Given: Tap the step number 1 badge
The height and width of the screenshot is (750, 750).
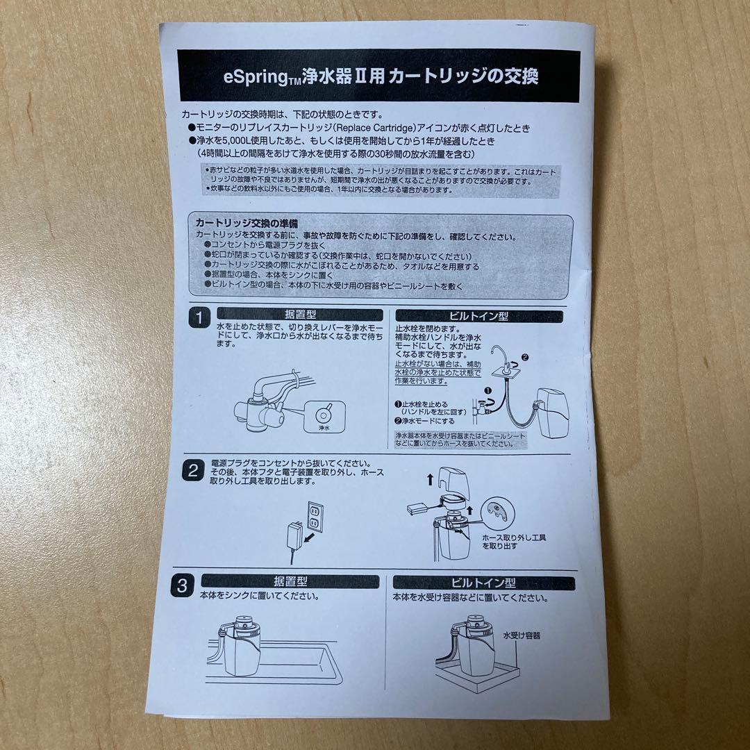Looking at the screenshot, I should click(198, 319).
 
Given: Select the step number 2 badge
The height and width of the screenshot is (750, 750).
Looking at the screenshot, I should click(192, 470).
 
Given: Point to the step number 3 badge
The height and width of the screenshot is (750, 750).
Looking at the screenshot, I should click(182, 587).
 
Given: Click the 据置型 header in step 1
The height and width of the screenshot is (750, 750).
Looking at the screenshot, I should click(299, 315).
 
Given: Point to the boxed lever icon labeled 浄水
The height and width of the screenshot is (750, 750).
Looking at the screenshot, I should click(324, 417).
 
